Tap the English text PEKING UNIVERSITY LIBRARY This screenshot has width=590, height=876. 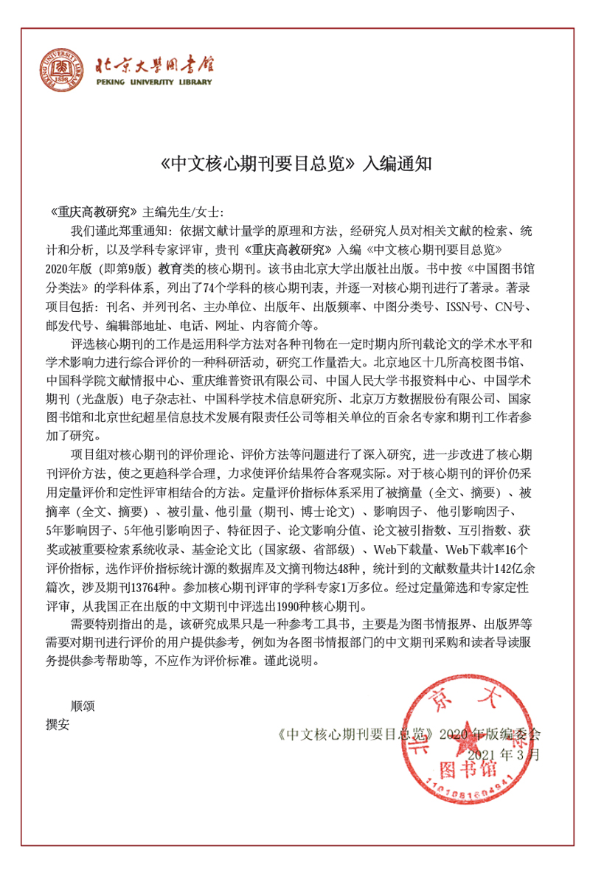[x=153, y=83]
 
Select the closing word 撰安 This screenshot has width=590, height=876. [x=58, y=723]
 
